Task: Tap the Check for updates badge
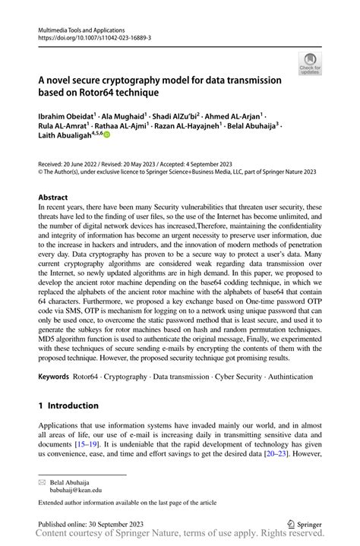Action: pyautogui.click(x=310, y=65)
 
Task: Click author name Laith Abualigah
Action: pyautogui.click(x=65, y=138)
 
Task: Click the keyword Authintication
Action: pyautogui.click(x=293, y=376)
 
